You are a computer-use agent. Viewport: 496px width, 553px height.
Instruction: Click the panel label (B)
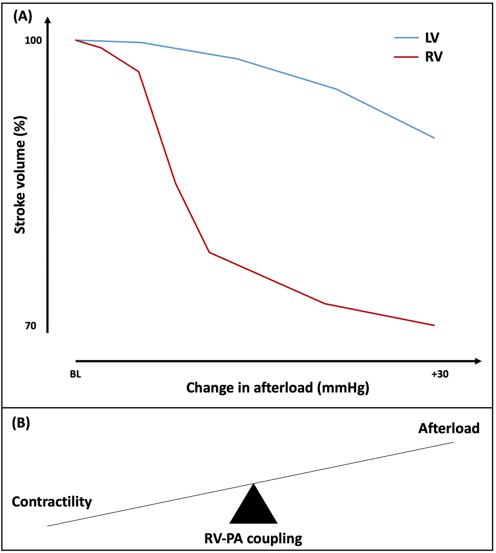pos(21,423)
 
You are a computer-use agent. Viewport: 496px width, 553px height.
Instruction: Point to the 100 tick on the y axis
pos(33,40)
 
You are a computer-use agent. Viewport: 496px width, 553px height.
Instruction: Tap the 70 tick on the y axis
pos(31,326)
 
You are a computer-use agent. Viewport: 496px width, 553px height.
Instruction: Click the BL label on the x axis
pos(75,374)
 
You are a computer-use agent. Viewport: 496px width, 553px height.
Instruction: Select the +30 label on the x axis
pos(440,374)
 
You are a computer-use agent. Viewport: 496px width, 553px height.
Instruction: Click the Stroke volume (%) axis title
pos(20,175)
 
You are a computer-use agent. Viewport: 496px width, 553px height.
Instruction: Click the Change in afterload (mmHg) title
pos(277,387)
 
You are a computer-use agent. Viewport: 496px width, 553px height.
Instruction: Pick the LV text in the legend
pos(432,38)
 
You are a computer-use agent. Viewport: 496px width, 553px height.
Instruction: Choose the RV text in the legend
pos(434,57)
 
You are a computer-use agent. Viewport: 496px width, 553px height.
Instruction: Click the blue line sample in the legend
pos(406,38)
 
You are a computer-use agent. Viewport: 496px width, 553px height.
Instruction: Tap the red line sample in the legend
pos(406,57)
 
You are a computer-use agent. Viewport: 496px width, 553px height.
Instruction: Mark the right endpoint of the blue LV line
pos(434,138)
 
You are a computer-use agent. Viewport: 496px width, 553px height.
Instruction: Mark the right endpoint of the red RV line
pos(434,325)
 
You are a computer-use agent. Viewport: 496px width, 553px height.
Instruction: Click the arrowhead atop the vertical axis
pos(48,20)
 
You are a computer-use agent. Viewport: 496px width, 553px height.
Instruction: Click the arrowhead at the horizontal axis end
pos(478,361)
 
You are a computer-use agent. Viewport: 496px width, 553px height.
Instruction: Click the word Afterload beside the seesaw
pos(449,428)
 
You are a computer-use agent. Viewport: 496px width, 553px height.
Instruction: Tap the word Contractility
pos(52,502)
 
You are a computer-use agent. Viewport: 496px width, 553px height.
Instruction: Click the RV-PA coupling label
pos(253,538)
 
